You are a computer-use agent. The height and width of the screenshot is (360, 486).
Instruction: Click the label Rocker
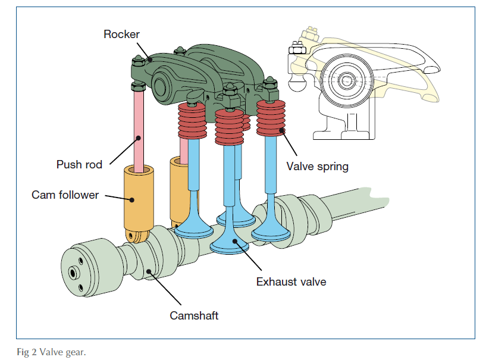tap(121, 34)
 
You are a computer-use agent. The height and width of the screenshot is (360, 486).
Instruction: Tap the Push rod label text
tap(79, 165)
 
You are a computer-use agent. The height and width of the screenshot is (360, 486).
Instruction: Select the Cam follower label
tap(65, 195)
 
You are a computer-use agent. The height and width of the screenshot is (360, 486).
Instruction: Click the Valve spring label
tap(317, 167)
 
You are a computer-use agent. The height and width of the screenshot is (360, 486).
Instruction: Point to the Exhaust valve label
tap(291, 281)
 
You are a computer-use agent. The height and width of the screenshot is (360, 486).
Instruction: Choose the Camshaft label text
tap(194, 315)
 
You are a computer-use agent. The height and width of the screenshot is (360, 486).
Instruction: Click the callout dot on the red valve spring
tap(284, 132)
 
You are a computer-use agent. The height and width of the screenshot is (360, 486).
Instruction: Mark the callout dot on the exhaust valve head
tap(236, 242)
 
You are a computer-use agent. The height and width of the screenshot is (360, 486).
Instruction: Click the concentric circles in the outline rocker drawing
tap(347, 79)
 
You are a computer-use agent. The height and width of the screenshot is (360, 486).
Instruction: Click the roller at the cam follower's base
tap(136, 237)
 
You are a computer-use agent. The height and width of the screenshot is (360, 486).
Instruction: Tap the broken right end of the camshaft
tap(381, 200)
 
